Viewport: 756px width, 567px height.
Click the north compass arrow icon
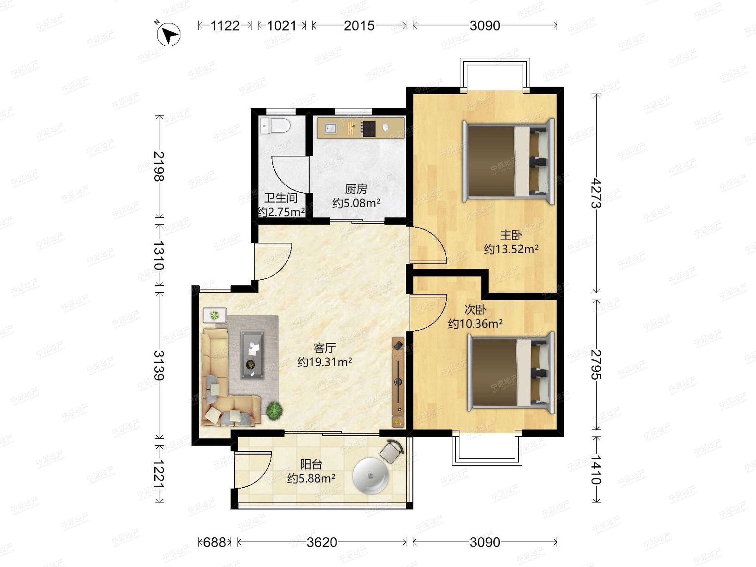point(168,34)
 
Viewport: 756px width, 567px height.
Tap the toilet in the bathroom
point(275,126)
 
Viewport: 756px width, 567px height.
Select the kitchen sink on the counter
point(330,129)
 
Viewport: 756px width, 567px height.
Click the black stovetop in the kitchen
point(369,129)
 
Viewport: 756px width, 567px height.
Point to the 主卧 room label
point(511,235)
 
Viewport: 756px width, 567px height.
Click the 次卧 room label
point(475,309)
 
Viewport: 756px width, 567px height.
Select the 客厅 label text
point(325,348)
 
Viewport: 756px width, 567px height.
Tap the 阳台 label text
point(311,464)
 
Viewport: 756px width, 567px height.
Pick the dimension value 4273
point(596,193)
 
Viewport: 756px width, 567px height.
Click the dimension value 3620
point(322,542)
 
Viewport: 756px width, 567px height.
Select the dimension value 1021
point(281,26)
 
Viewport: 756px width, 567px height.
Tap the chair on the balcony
point(392,451)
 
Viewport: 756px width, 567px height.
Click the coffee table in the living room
point(253,354)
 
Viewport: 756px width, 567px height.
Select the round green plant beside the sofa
point(274,410)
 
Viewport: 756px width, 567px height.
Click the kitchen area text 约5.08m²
point(356,203)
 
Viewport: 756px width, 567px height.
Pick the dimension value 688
point(214,542)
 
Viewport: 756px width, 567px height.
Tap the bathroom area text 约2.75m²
point(281,212)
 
